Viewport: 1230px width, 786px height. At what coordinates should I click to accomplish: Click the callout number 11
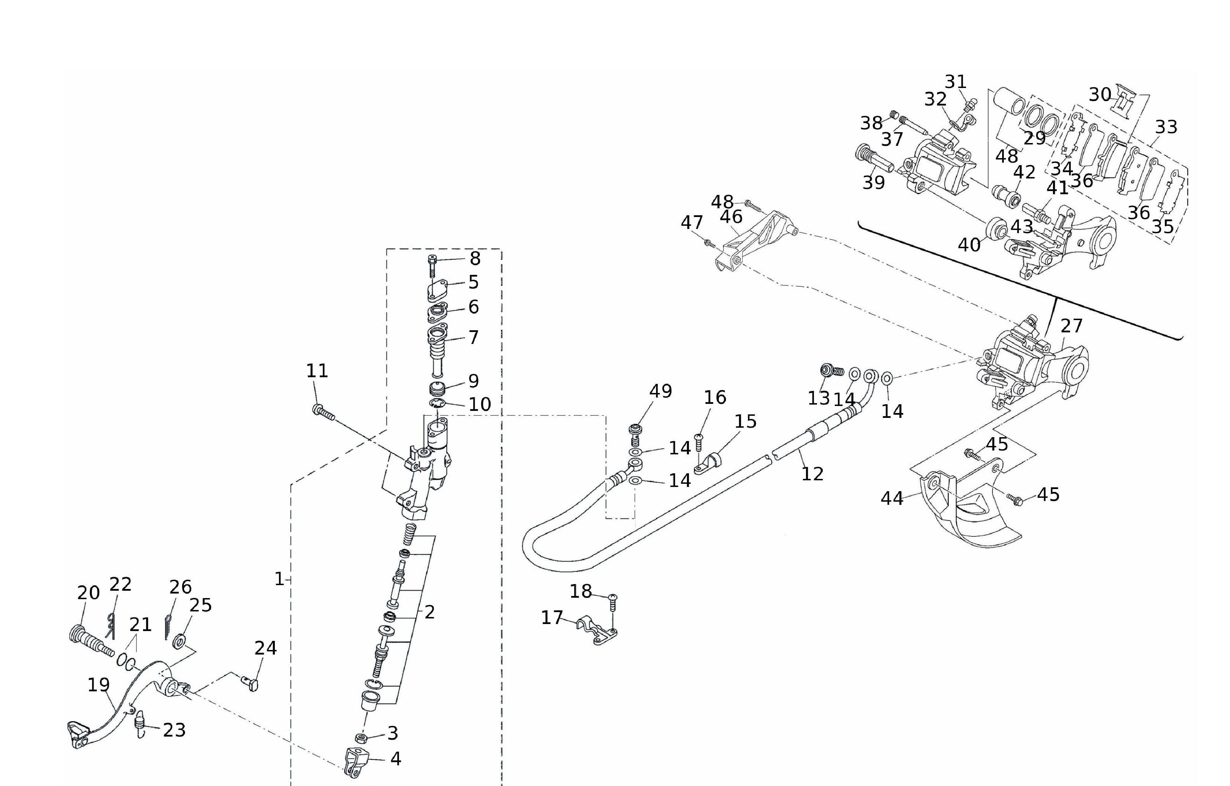(x=317, y=371)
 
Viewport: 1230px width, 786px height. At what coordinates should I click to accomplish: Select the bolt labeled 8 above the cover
(x=432, y=266)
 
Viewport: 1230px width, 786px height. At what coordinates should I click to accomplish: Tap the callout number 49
(x=661, y=391)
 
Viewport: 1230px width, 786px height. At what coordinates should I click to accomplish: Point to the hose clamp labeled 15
(x=709, y=463)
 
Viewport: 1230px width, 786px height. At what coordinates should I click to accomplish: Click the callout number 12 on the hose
(x=812, y=474)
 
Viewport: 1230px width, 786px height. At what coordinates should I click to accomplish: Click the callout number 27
(x=1071, y=326)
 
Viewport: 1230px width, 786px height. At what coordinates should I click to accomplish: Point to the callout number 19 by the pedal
(x=99, y=685)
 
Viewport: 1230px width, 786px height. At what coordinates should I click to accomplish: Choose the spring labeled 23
(x=140, y=726)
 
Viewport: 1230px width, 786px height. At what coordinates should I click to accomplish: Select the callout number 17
(x=552, y=618)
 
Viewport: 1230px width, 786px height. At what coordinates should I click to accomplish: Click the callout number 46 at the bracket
(x=731, y=217)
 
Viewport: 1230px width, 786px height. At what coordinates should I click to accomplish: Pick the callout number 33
(x=1166, y=127)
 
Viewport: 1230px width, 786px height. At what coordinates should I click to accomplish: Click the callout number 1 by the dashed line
(x=279, y=579)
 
